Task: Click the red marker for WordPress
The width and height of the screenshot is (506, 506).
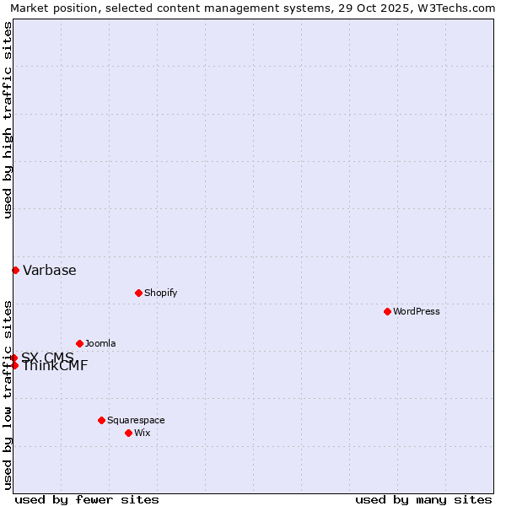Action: point(387,311)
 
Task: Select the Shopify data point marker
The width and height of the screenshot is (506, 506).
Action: point(138,293)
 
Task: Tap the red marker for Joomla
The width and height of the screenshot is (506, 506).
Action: point(79,343)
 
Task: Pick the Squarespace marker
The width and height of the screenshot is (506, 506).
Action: point(101,420)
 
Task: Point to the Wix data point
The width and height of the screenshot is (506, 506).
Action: point(128,433)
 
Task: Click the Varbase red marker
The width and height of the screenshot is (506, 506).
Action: point(15,270)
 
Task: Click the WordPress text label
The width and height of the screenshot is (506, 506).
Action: point(417,311)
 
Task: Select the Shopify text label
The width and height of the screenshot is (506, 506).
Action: point(160,293)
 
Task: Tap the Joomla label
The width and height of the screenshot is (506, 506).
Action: point(100,343)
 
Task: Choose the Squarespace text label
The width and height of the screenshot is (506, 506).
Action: point(136,420)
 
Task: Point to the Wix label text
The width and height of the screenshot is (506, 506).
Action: point(142,433)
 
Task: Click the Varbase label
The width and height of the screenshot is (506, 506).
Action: point(50,270)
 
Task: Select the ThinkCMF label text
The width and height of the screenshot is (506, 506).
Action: point(55,366)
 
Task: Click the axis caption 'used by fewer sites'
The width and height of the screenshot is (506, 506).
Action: point(87,499)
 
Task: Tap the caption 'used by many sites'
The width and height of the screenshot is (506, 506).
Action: point(423,499)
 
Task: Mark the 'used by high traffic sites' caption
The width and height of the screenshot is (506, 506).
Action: point(8,121)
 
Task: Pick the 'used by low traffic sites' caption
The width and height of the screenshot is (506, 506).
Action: point(8,394)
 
